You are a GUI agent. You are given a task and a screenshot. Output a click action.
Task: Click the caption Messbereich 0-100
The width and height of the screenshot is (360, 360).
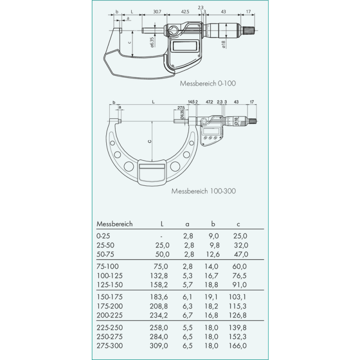[x=208, y=84]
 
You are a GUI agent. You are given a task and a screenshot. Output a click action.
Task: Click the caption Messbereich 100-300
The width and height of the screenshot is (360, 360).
[x=203, y=191]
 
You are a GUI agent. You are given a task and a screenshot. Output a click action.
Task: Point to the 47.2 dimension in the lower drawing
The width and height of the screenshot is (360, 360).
[x=209, y=102]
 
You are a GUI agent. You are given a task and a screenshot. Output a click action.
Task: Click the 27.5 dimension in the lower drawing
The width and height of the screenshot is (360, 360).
[x=181, y=108]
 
